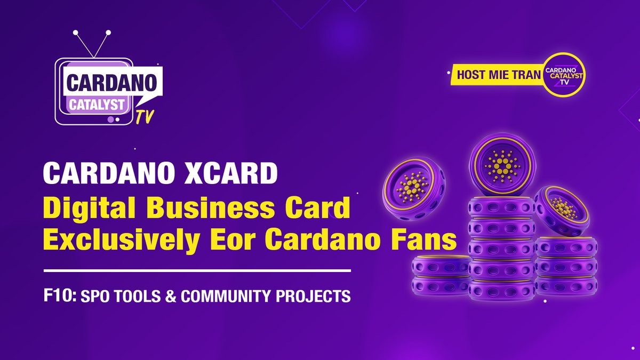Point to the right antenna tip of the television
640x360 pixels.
(108, 33)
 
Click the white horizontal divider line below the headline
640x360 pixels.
(197, 271)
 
